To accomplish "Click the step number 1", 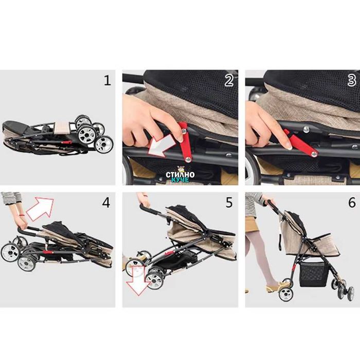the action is [107, 81].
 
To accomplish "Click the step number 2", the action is [229, 81].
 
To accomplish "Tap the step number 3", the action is [352, 81].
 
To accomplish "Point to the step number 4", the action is [106, 203].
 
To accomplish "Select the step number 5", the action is [229, 203].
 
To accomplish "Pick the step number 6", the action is [352, 203].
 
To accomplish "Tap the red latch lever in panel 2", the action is [185, 141].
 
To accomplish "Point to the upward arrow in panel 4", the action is [41, 208].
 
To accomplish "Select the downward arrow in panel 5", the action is [138, 281].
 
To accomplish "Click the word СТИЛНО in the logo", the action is [180, 174].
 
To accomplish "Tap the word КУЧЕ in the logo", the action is [180, 179].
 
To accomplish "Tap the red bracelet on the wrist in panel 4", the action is [22, 215].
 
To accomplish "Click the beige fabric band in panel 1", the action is [62, 128].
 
